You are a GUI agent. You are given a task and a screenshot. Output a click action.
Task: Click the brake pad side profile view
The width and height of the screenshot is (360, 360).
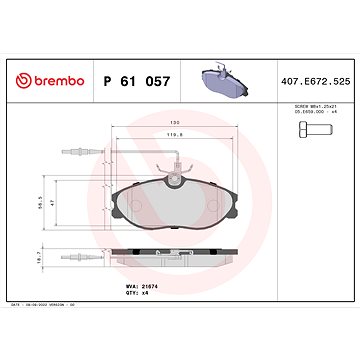(179, 257)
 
